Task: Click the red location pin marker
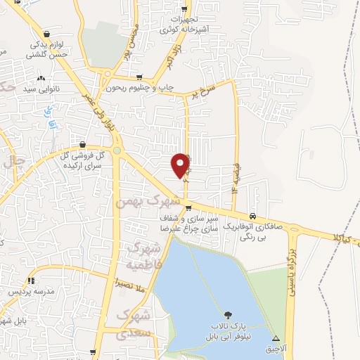pos(181,165)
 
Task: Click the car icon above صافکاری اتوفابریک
pos(252,214)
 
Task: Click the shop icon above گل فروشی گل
pos(84,143)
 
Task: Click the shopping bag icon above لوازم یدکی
pos(46,33)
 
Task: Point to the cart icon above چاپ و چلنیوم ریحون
pos(139,77)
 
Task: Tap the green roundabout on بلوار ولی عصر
pos(117,150)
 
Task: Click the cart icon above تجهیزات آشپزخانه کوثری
pos(185,9)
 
